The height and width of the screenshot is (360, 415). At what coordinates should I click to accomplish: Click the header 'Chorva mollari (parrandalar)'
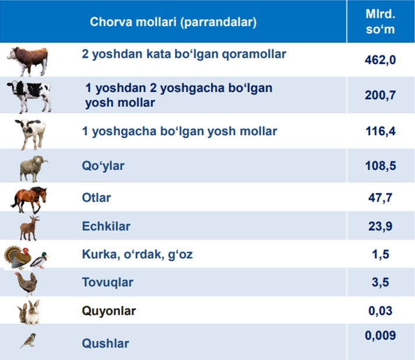click(x=173, y=22)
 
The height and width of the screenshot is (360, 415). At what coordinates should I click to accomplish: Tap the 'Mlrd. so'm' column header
click(x=381, y=22)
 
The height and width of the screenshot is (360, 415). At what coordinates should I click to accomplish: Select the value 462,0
click(x=381, y=60)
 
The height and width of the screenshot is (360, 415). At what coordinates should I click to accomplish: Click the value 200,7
click(x=381, y=95)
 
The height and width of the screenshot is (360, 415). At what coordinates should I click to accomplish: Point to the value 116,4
click(x=381, y=131)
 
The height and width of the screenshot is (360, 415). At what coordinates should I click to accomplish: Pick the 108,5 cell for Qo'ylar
click(x=381, y=166)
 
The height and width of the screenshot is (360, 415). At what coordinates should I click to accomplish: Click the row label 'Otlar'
click(x=96, y=198)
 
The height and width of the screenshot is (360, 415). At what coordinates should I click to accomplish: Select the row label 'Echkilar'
click(x=106, y=226)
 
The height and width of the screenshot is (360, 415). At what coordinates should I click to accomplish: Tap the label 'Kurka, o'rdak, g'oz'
click(x=138, y=254)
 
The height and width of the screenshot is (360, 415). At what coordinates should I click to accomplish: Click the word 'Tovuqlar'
click(x=107, y=282)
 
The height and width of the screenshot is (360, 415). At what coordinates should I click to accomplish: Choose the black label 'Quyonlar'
click(x=109, y=311)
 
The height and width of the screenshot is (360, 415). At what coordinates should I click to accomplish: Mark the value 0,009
click(x=381, y=335)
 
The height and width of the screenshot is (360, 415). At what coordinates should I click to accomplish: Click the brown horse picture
click(x=29, y=199)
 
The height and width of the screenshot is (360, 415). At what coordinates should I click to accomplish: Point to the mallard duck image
click(x=39, y=260)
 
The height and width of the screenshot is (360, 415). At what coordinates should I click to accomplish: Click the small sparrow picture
click(x=28, y=340)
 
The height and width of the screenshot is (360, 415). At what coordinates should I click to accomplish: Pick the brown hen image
click(x=26, y=284)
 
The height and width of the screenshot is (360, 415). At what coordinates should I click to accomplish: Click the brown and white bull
click(x=28, y=61)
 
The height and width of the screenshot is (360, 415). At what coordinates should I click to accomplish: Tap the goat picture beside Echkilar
click(x=29, y=228)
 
